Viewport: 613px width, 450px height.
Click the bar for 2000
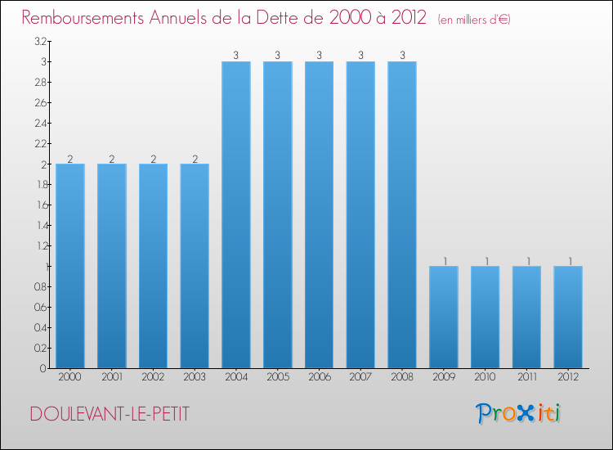tap(70, 266)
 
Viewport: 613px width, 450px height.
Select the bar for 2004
tap(236, 214)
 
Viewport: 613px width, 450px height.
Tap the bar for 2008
tap(402, 214)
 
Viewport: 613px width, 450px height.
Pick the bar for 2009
tap(444, 317)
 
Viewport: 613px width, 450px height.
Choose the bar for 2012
tap(568, 317)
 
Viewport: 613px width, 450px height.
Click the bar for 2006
tap(319, 214)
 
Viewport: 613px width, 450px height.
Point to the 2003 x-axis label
tap(195, 377)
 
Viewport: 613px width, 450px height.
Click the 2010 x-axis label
tap(485, 377)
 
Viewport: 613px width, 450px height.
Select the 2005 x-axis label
tap(277, 377)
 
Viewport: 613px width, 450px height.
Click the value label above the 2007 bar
tap(360, 56)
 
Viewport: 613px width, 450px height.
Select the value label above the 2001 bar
tap(112, 159)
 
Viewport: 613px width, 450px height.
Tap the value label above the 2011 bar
tap(526, 261)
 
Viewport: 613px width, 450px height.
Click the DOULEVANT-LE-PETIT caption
tap(110, 414)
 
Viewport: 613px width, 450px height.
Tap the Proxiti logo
tap(518, 413)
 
